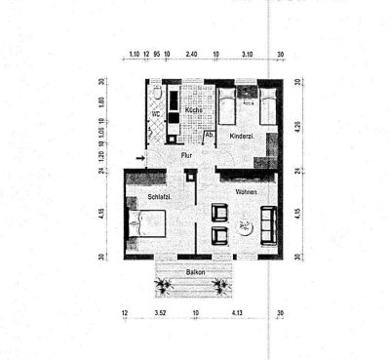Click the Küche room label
[x=193, y=111]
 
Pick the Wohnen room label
[x=246, y=193]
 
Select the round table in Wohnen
[x=244, y=227]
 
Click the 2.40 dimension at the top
[x=193, y=55]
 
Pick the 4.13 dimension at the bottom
[x=237, y=312]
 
